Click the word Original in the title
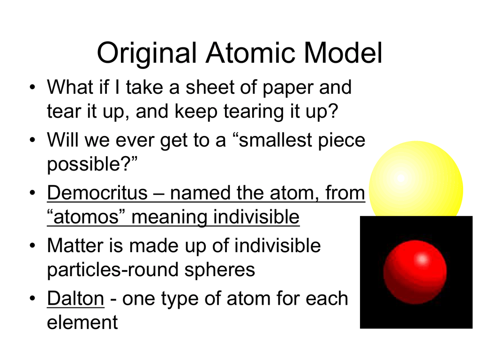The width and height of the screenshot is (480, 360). click(147, 53)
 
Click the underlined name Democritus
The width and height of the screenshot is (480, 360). click(97, 193)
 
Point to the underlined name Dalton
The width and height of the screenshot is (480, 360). click(75, 299)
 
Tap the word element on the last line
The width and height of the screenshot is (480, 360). click(82, 322)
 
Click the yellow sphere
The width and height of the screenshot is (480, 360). click(416, 180)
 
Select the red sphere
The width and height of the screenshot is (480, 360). click(415, 272)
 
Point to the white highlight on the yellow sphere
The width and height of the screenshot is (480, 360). click(401, 178)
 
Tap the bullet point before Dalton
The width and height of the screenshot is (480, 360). click(32, 299)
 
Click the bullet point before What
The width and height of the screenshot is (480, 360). click(32, 88)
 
